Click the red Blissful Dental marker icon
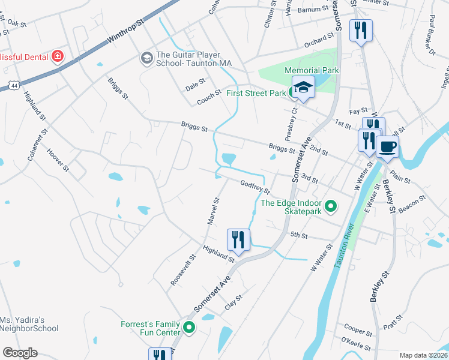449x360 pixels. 58,57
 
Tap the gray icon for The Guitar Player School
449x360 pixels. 146,58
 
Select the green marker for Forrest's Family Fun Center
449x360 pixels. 189,328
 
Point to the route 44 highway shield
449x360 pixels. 13,86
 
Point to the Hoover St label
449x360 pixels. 59,160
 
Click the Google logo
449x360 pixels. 20,353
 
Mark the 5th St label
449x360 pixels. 298,235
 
